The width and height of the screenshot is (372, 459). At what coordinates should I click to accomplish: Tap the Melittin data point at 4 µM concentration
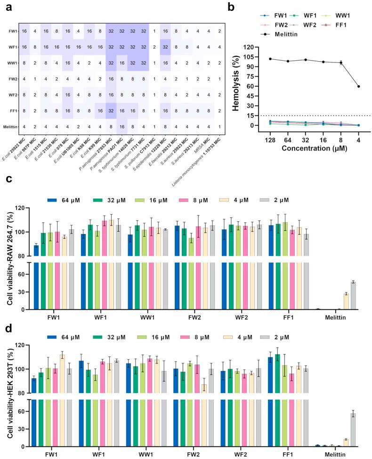pos(359,86)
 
